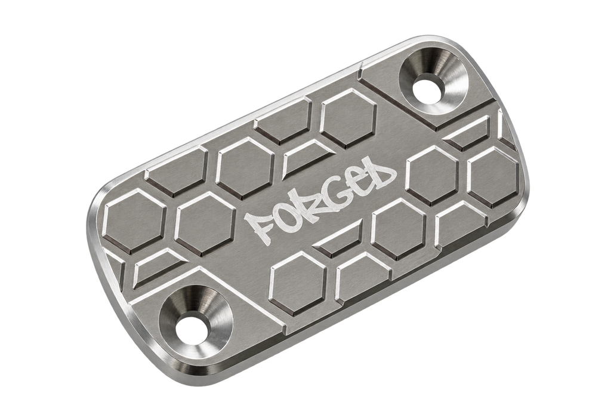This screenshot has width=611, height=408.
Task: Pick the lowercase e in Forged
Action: (x=357, y=183)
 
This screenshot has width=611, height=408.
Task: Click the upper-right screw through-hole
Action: (x=427, y=88)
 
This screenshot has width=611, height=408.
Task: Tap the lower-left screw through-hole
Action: (x=190, y=327)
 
